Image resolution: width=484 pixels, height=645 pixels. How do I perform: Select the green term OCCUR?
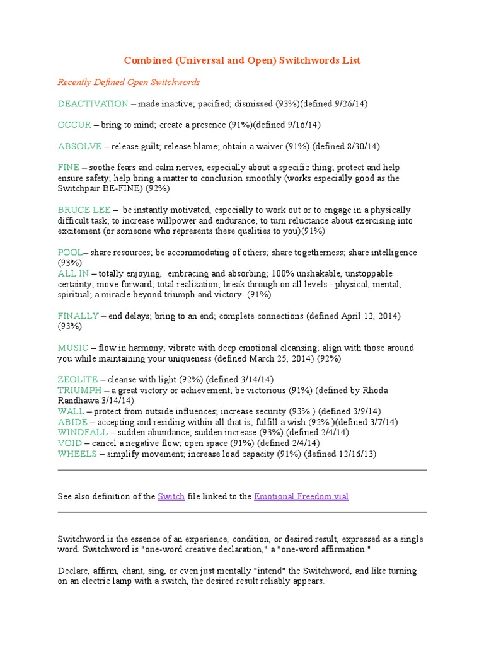[74, 125]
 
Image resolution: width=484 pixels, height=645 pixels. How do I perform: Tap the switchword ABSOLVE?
[79, 146]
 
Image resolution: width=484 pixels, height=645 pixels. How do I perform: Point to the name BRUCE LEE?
[84, 210]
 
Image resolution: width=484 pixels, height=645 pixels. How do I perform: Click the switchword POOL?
[70, 253]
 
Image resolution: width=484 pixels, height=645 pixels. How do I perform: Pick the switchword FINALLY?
[78, 316]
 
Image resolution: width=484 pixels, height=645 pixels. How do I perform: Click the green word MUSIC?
[73, 348]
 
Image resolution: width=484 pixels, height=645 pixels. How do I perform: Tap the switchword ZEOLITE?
[78, 379]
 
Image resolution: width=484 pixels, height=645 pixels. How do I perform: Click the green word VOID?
[69, 443]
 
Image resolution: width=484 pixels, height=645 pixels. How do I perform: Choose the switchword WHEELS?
[77, 454]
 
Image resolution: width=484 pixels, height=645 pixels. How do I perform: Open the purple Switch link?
[171, 496]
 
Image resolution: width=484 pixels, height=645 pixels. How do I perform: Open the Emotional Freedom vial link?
[301, 496]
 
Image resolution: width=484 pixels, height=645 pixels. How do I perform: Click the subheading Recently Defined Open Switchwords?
[129, 82]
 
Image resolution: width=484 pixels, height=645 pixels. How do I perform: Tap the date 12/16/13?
[356, 454]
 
